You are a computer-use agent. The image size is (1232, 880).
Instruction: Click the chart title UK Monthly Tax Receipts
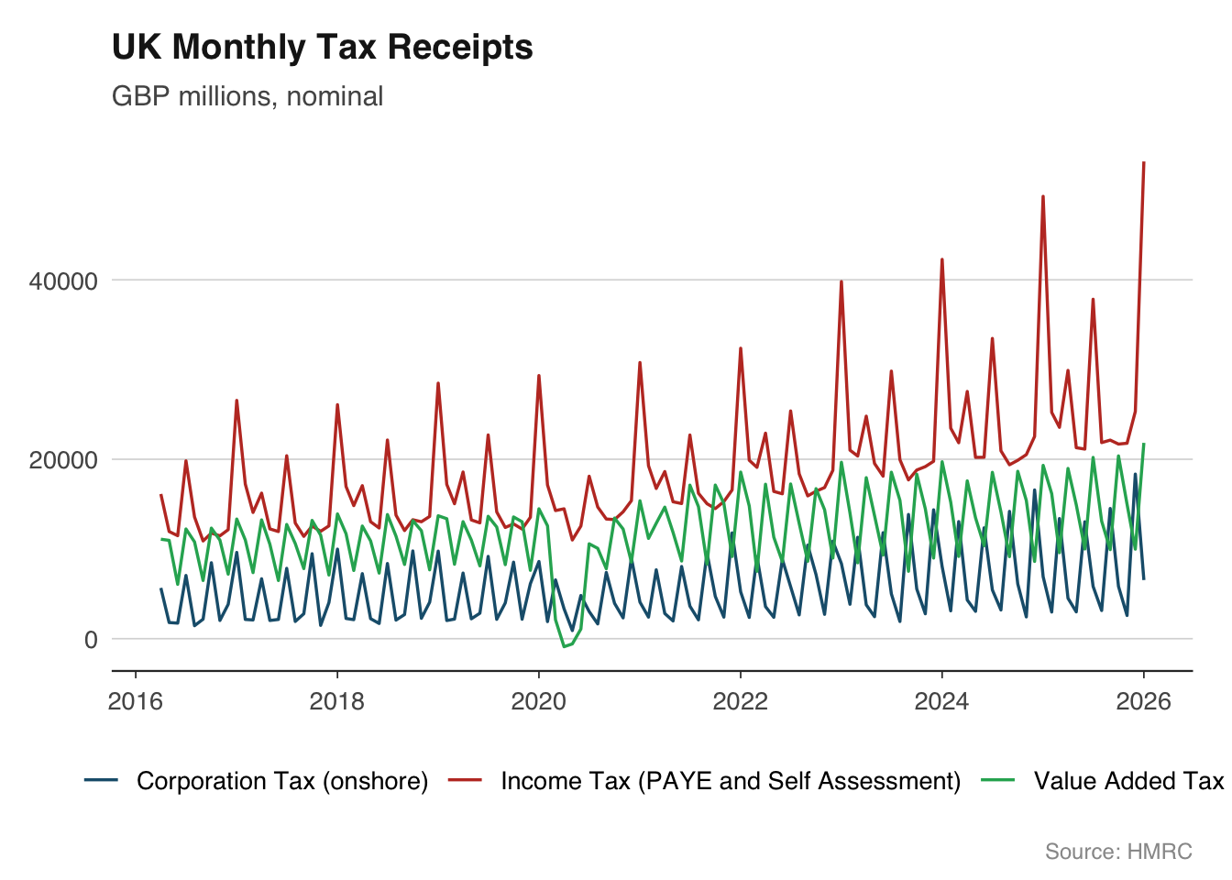(322, 48)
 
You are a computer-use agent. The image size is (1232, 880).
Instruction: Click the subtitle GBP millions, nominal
(247, 96)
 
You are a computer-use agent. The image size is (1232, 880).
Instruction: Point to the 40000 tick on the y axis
(63, 281)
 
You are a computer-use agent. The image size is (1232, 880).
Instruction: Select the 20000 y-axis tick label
(63, 460)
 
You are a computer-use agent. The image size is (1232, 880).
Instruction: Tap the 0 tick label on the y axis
(91, 640)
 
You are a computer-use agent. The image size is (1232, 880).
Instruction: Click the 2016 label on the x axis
(136, 702)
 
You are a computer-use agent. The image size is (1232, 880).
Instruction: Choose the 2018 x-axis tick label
(336, 702)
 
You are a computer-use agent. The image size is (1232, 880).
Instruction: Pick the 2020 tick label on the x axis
(538, 702)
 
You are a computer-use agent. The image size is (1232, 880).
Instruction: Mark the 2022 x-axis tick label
(740, 702)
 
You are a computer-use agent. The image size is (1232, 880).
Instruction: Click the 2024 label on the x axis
(941, 702)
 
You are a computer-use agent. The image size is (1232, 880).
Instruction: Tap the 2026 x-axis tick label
(1143, 702)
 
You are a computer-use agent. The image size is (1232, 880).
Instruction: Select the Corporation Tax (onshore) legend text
(282, 781)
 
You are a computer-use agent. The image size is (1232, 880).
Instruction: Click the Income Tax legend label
(731, 781)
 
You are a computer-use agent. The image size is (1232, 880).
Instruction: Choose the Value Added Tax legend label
(1128, 781)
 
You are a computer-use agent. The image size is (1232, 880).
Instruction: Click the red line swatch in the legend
(466, 780)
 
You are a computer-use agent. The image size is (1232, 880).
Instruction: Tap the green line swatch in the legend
(998, 780)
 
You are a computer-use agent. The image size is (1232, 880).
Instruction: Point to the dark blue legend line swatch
(101, 780)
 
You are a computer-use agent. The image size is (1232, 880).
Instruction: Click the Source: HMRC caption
(1118, 852)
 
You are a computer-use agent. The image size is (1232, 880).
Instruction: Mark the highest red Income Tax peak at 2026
(1144, 163)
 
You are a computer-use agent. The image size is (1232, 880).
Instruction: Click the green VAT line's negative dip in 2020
(565, 647)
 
